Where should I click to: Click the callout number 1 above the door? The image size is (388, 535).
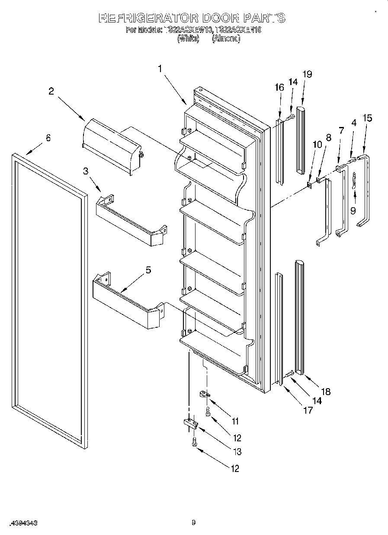(160, 69)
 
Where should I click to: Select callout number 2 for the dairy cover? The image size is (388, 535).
(51, 91)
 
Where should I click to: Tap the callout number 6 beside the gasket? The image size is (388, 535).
(48, 138)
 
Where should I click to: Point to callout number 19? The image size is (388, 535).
(307, 74)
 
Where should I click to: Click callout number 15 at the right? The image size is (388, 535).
(367, 118)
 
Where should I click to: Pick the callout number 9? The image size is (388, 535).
(353, 211)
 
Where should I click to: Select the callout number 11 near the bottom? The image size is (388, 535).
(235, 421)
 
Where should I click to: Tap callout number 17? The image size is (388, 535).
(308, 410)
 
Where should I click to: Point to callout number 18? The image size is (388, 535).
(326, 392)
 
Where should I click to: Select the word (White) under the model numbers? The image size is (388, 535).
(188, 38)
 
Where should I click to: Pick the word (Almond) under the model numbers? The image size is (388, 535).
(226, 38)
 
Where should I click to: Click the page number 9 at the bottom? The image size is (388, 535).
(194, 522)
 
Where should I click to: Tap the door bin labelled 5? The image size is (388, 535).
(125, 307)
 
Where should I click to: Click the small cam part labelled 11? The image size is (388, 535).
(205, 394)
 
